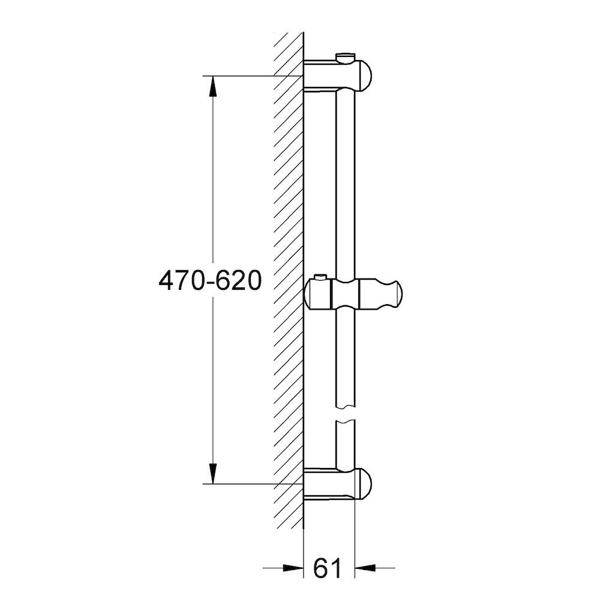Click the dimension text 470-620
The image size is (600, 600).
coord(209,280)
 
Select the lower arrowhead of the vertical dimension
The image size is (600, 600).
coord(212,473)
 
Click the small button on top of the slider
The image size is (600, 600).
coord(321,277)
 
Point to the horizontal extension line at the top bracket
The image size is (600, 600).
coord(252,76)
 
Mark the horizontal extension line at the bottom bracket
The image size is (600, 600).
coord(252,483)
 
